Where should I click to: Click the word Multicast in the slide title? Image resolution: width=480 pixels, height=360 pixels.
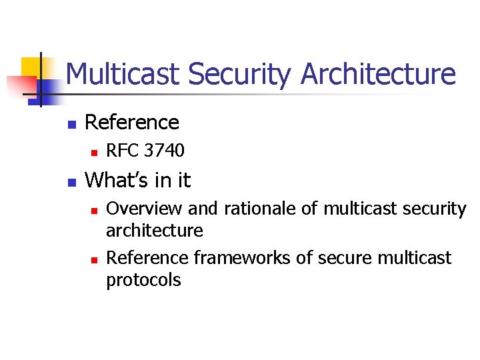click(123, 74)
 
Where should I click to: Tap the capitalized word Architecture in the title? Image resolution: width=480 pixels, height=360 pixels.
click(378, 74)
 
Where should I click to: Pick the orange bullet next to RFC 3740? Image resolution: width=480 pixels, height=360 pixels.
click(94, 153)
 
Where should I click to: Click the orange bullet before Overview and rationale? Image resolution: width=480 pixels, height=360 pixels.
click(94, 210)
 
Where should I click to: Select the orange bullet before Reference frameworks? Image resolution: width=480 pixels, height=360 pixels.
click(94, 259)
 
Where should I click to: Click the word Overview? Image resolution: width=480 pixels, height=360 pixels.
click(144, 209)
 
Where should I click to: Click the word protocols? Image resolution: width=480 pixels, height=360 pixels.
click(143, 280)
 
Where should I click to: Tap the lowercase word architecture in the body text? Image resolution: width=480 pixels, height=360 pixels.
click(155, 231)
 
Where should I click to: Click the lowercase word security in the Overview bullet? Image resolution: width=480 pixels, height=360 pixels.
click(435, 209)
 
